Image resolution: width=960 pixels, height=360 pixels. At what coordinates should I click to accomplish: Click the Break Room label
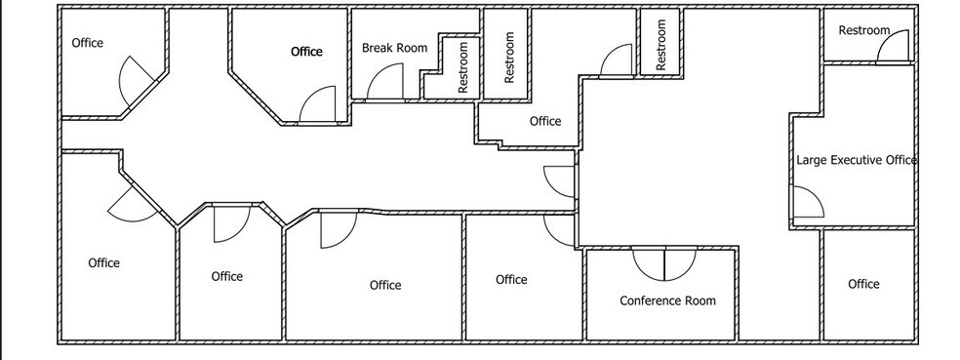coord(394,48)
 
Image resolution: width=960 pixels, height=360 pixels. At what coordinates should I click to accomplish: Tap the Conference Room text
coord(667,300)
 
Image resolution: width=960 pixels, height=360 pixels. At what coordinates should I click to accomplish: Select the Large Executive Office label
coord(857,160)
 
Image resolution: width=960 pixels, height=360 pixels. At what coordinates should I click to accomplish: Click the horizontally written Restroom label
coord(864,30)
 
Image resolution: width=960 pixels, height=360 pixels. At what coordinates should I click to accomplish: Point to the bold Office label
coord(306,52)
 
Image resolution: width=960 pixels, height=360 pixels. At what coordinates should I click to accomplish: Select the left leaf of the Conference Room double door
coord(648,262)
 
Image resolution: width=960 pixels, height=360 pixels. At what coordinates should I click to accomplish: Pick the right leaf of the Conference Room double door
coord(679,262)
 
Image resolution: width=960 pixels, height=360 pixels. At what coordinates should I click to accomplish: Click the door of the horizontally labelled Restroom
coord(892,50)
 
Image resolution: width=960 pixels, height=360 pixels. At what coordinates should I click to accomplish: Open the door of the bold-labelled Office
coord(318,104)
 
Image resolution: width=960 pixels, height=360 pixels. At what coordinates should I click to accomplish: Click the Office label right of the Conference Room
coord(863,284)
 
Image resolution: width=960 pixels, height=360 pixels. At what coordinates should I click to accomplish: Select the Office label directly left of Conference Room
coord(511,280)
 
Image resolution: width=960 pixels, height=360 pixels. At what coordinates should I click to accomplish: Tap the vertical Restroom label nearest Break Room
coord(463,67)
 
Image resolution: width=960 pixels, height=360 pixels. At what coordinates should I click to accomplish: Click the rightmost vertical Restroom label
coord(660,45)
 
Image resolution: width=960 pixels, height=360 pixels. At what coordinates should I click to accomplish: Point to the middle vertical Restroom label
coord(508,57)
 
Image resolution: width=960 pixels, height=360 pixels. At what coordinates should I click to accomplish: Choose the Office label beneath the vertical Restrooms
coord(545,121)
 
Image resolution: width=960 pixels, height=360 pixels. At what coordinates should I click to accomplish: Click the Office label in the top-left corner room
coord(87,43)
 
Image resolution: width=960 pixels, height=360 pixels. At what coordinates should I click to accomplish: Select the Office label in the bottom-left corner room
coord(104,262)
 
